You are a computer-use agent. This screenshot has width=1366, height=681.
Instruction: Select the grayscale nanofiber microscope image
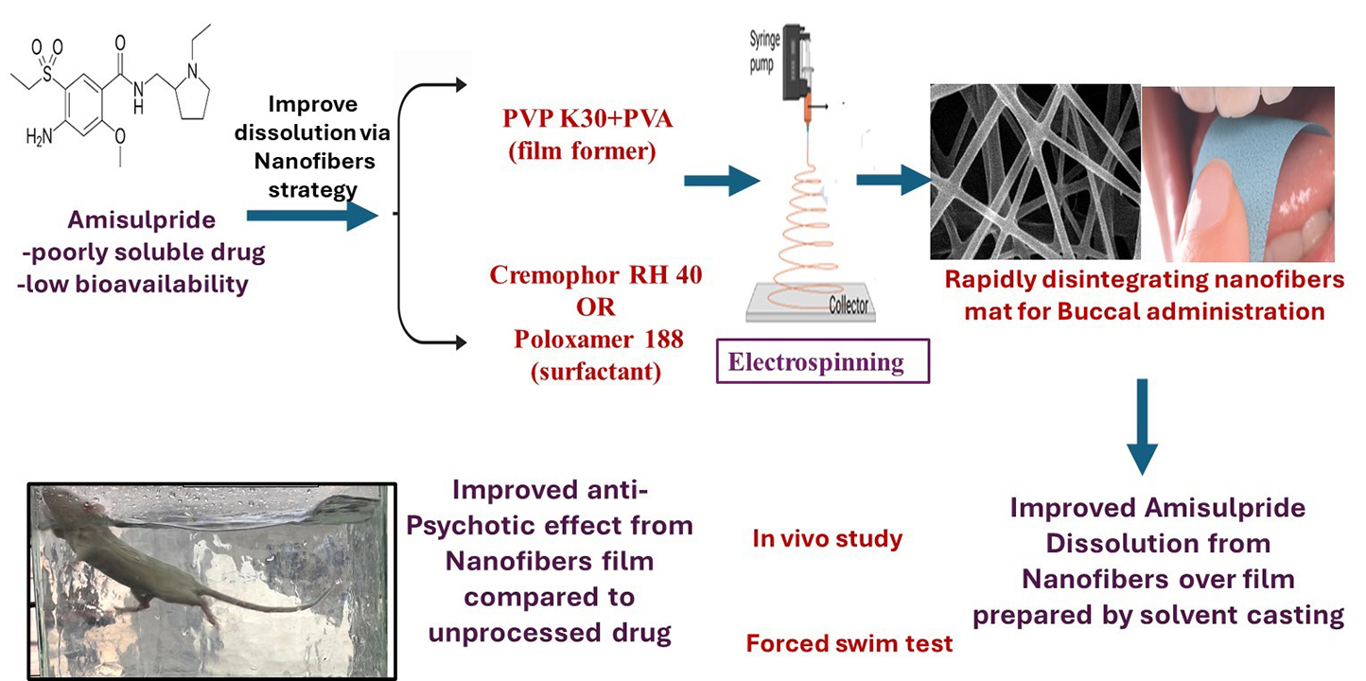point(1033,171)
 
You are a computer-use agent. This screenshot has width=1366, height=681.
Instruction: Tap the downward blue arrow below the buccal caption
point(1144,426)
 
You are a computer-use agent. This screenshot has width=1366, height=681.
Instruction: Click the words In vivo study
point(827,539)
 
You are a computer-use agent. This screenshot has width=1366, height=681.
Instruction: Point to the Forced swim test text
point(849,644)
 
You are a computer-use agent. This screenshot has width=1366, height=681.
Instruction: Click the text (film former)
point(581,151)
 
